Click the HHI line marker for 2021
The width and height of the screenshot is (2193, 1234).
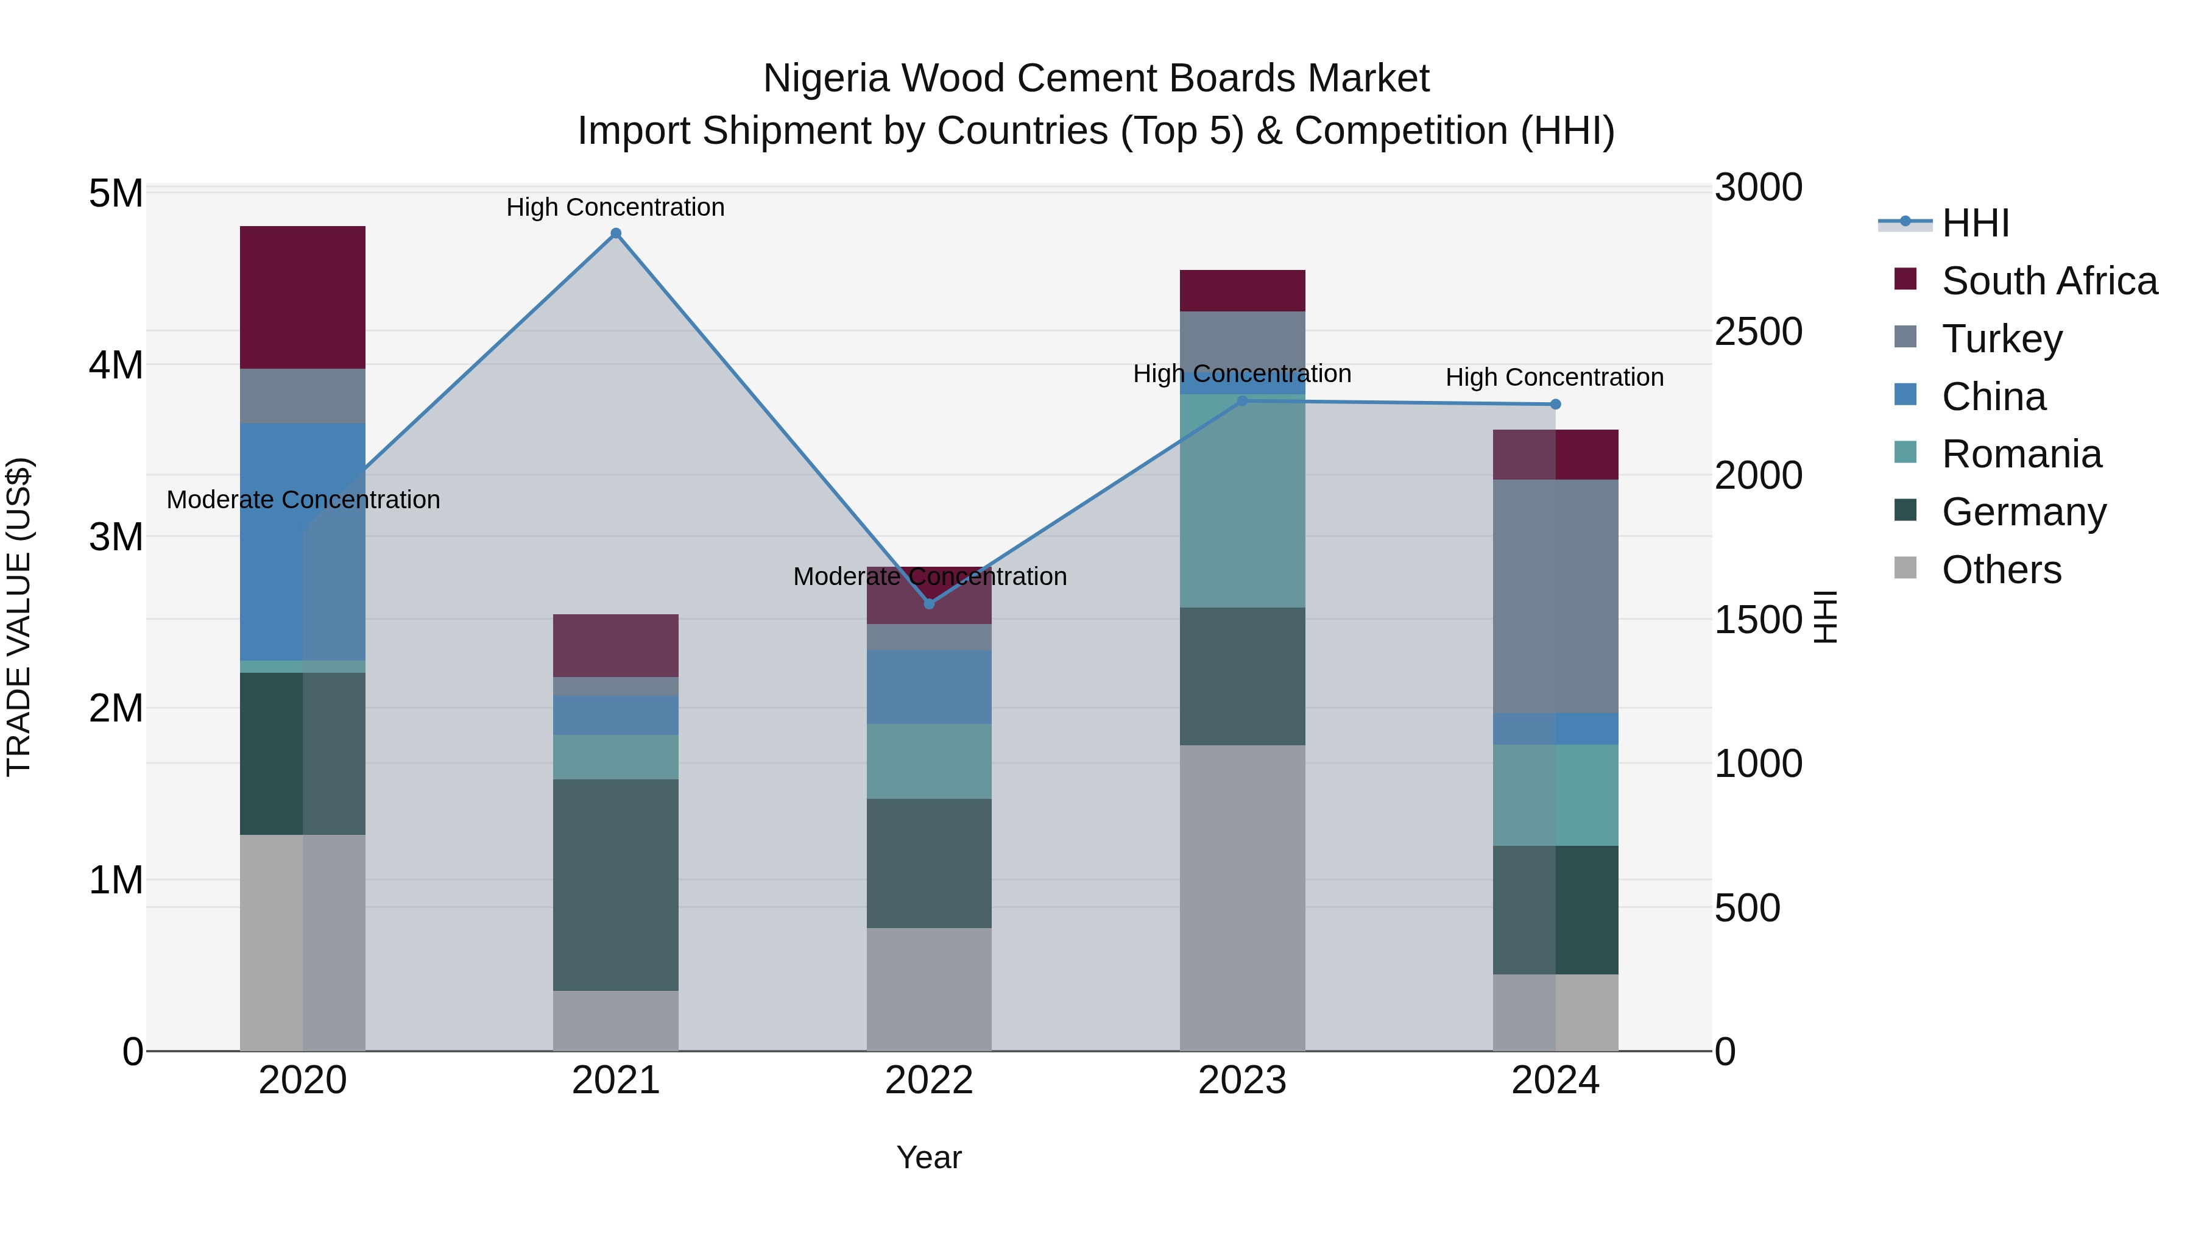click(615, 233)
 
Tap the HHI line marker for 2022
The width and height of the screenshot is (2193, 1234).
click(929, 604)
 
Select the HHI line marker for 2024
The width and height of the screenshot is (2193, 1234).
click(1555, 405)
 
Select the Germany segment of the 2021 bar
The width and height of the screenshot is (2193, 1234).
click(615, 885)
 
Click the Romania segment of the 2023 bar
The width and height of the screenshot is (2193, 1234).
click(1242, 501)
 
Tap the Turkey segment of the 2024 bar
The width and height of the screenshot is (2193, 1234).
click(1555, 596)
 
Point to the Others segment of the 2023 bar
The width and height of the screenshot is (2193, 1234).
click(1242, 898)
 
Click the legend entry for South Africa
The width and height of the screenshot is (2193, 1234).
click(2049, 281)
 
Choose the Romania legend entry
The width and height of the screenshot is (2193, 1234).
click(2021, 454)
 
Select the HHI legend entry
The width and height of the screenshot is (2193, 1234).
click(1975, 223)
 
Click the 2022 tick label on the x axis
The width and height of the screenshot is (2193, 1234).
click(929, 1080)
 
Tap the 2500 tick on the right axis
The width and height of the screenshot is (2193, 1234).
click(1758, 332)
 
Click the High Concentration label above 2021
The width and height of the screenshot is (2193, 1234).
click(615, 207)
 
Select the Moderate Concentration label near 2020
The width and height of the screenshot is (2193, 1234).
click(303, 500)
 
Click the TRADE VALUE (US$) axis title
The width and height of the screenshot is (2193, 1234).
click(19, 617)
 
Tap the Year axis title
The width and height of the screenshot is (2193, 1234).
click(929, 1157)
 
